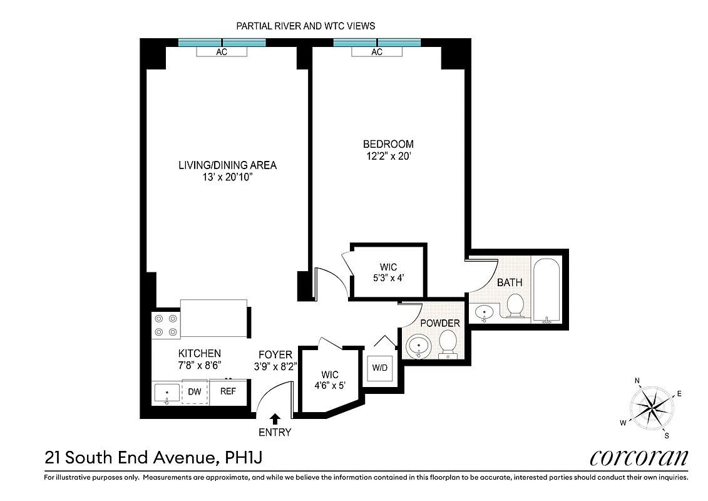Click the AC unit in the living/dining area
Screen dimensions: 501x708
222,52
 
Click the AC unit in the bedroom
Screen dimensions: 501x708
376,52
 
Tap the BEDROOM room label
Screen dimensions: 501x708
388,144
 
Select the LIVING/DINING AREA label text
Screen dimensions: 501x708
227,165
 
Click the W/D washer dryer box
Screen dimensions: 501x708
380,368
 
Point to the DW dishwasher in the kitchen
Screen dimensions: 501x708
194,392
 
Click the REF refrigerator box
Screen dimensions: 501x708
228,392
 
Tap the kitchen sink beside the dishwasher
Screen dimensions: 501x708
167,393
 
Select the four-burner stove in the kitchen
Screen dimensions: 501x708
166,325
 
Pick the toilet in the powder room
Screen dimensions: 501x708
448,344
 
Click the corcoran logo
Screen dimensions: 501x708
639,458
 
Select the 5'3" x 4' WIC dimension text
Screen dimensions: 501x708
388,278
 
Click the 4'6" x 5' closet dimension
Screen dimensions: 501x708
329,386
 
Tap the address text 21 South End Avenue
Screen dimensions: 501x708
130,458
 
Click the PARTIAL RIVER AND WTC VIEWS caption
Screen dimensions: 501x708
305,26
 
